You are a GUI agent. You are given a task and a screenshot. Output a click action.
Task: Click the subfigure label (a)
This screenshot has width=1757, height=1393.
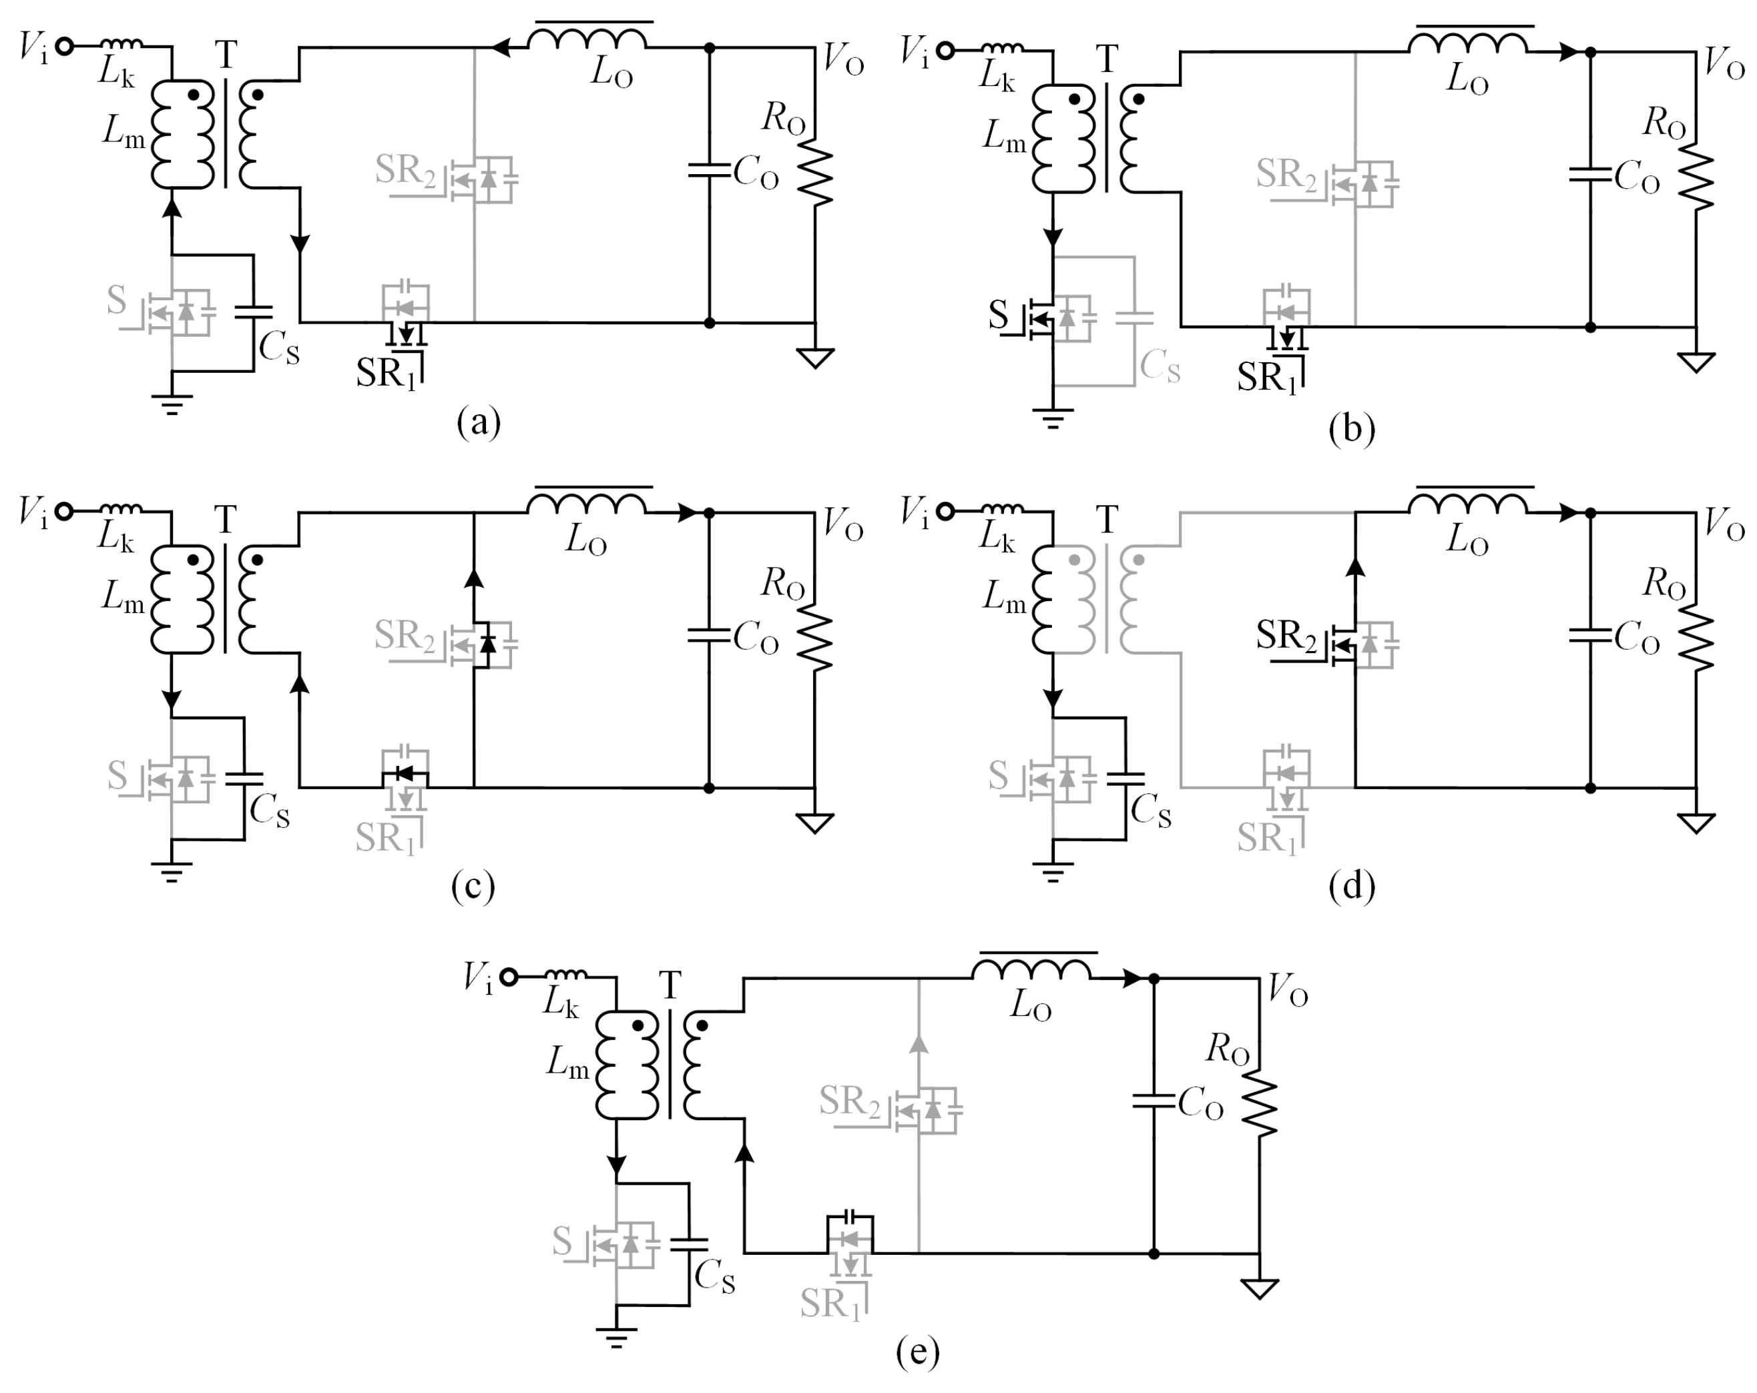[x=479, y=423]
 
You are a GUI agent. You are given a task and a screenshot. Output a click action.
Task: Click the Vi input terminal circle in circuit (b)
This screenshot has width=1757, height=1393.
[x=945, y=51]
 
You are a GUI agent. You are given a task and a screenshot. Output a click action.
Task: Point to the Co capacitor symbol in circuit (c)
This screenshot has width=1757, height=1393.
[x=708, y=634]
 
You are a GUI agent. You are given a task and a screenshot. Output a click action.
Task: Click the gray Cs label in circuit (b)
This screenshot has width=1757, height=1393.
[x=1160, y=366]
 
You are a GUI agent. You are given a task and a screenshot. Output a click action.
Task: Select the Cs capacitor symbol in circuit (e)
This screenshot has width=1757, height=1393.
[x=689, y=1244]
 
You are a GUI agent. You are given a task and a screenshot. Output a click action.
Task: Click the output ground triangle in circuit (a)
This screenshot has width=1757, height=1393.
[x=814, y=357]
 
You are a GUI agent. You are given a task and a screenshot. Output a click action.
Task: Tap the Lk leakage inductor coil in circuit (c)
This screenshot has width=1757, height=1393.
[x=122, y=509]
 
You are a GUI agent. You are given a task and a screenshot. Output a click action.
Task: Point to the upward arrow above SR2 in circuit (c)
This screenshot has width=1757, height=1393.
[x=473, y=578]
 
